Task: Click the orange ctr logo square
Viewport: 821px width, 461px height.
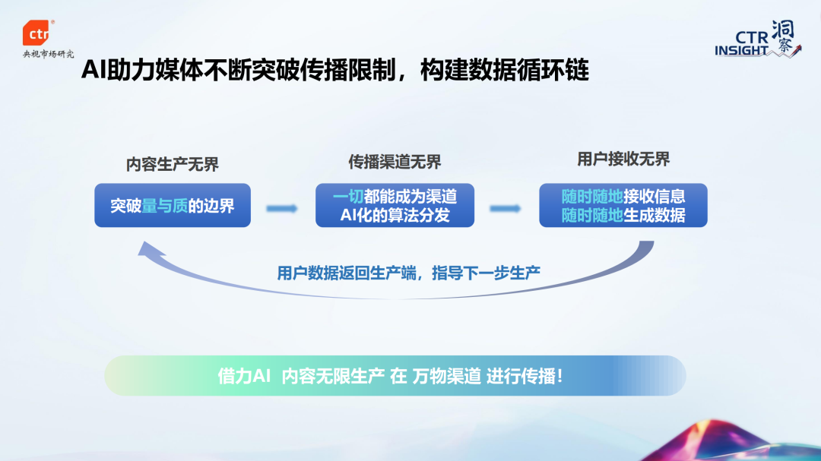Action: point(37,34)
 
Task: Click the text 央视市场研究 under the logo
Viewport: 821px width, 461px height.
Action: point(49,55)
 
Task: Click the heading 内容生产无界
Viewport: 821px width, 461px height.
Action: point(173,165)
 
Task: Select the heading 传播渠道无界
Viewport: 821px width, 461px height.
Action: point(395,163)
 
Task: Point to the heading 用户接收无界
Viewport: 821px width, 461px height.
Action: point(623,159)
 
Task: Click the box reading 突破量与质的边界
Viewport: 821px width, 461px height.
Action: point(173,205)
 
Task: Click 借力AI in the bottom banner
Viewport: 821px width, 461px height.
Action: point(244,377)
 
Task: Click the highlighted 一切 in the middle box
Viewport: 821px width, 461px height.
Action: point(348,195)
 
